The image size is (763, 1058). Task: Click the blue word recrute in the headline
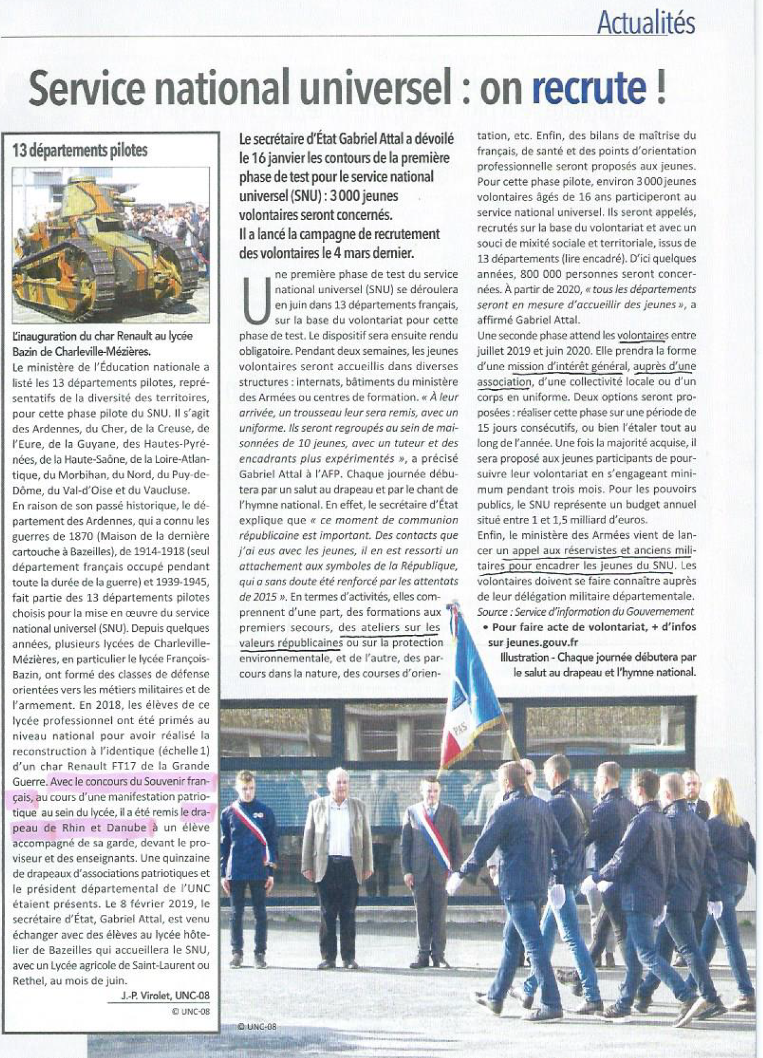(588, 88)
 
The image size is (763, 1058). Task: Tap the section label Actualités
(646, 23)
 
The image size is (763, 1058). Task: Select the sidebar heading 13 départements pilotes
(81, 150)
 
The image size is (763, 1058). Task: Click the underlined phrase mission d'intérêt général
(567, 366)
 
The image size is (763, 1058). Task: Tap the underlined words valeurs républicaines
(290, 643)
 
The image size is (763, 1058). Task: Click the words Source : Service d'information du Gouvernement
(586, 611)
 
